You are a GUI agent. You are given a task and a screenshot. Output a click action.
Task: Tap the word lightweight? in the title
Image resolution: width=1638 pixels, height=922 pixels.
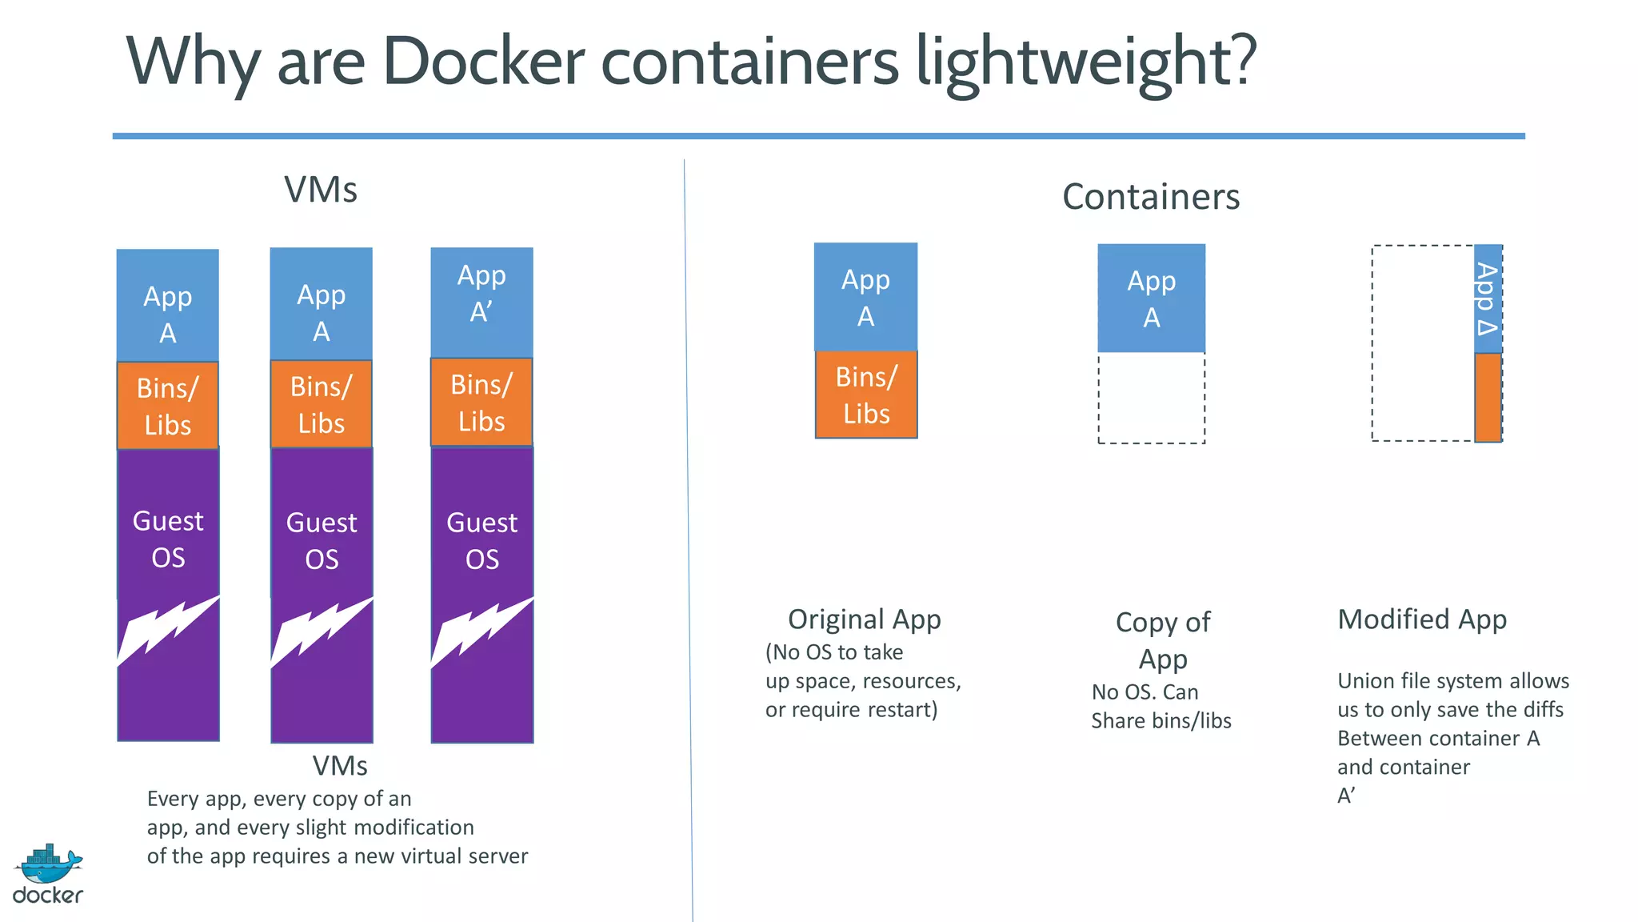(1086, 62)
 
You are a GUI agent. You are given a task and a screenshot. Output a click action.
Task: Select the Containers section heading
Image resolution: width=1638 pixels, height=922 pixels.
(1150, 197)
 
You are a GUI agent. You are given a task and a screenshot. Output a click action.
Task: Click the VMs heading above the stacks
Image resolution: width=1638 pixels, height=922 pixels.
(321, 190)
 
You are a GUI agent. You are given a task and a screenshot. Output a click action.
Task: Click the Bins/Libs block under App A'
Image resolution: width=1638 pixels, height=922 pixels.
(481, 403)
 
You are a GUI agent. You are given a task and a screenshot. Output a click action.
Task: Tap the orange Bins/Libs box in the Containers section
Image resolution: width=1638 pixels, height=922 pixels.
(866, 395)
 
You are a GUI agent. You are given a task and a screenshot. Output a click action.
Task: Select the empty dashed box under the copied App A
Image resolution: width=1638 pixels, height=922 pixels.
(1151, 398)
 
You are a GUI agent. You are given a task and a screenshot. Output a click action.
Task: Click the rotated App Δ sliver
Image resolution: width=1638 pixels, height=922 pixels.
(1488, 299)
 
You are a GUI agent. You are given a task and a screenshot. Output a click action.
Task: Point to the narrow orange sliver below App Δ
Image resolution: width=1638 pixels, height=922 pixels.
(1488, 398)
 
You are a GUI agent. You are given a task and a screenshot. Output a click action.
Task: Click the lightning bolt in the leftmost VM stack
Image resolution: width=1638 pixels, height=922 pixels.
(168, 631)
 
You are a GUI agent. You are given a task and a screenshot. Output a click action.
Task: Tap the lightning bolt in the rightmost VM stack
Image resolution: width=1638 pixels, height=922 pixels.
(481, 632)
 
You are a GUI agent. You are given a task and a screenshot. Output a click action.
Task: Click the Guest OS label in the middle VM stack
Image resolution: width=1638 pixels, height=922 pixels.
(322, 541)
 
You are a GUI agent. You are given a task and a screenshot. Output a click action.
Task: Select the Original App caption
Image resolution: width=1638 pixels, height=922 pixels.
(864, 619)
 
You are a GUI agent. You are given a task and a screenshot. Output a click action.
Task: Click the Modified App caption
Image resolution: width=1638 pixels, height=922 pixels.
(1422, 619)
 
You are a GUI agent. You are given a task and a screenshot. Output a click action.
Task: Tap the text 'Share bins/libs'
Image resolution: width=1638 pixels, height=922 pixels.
(1161, 721)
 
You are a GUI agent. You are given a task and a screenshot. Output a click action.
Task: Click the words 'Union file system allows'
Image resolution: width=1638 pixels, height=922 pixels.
(1452, 681)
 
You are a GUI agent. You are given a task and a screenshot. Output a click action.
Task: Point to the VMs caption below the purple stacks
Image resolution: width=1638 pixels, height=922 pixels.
(340, 766)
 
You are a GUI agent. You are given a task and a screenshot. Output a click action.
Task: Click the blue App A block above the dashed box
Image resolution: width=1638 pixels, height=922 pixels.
(1151, 299)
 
